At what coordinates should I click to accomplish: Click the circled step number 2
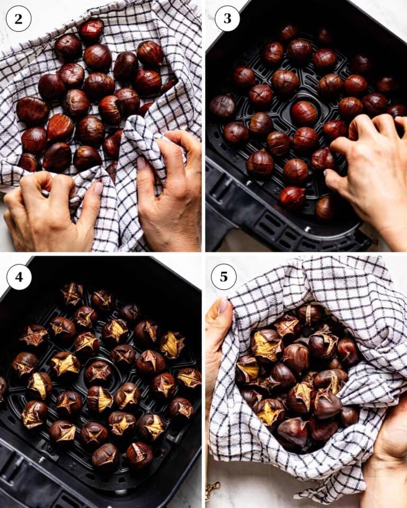pyautogui.click(x=18, y=19)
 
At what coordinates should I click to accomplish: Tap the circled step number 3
pyautogui.click(x=227, y=19)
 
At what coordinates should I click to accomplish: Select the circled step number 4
pyautogui.click(x=19, y=277)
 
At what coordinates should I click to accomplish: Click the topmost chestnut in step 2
pyautogui.click(x=92, y=30)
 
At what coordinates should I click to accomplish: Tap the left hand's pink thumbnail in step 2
pyautogui.click(x=98, y=188)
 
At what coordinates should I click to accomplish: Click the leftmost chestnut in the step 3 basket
pyautogui.click(x=222, y=106)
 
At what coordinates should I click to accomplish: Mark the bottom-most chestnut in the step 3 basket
pyautogui.click(x=325, y=208)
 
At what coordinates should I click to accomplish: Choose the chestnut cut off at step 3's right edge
pyautogui.click(x=397, y=111)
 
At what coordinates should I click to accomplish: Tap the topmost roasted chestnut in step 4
pyautogui.click(x=72, y=293)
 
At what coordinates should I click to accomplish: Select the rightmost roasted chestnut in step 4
pyautogui.click(x=189, y=378)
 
